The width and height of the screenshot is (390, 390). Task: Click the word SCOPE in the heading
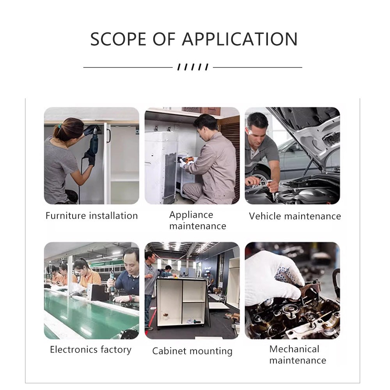coord(118,39)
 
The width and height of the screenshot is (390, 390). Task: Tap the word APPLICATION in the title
coord(240,39)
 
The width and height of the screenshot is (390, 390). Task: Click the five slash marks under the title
coord(193,67)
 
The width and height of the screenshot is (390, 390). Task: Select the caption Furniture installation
coord(92,216)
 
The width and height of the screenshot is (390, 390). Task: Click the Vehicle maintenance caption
coord(295,216)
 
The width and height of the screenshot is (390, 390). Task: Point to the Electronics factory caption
coord(90,349)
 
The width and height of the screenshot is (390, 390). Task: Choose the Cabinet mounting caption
coord(192,351)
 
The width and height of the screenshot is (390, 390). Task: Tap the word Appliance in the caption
coord(191,215)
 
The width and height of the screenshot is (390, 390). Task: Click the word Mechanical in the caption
coord(294,349)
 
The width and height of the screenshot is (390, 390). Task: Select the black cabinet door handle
coord(108,136)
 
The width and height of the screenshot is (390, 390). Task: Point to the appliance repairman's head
coord(206,125)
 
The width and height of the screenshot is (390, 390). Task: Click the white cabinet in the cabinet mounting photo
coord(182,302)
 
